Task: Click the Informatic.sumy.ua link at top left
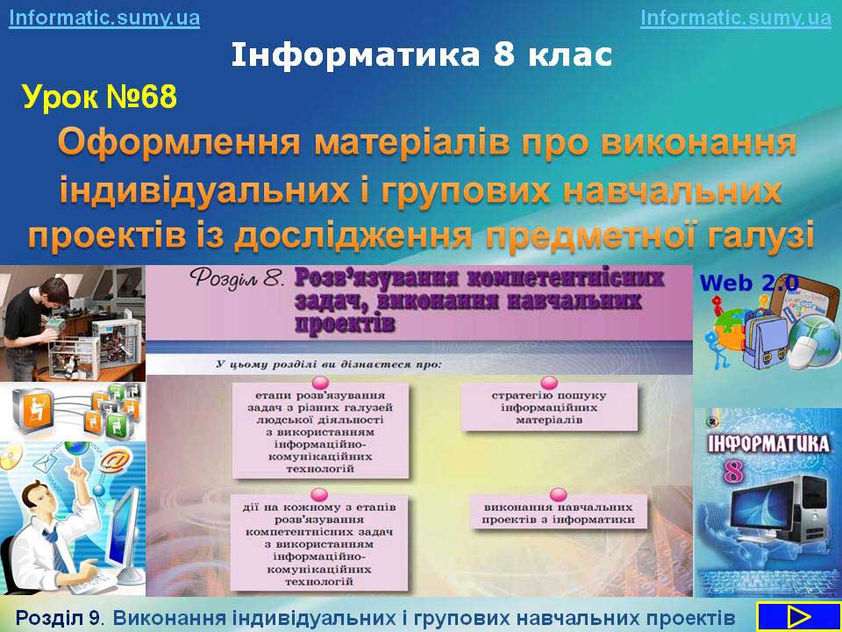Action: [x=104, y=18]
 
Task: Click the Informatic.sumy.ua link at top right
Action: [x=736, y=18]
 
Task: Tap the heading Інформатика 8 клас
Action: [x=422, y=54]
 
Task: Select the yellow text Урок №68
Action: [x=100, y=97]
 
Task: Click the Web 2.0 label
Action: [x=749, y=283]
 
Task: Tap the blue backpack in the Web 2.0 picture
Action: [x=764, y=340]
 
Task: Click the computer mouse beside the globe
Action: [x=804, y=352]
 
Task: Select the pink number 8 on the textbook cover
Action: [x=732, y=472]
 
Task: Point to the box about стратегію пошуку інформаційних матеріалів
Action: [x=549, y=406]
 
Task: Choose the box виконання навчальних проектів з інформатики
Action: [x=559, y=513]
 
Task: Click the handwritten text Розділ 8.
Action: [x=236, y=279]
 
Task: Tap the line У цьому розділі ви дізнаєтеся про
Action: [x=329, y=364]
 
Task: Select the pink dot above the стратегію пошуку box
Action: [x=549, y=383]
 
